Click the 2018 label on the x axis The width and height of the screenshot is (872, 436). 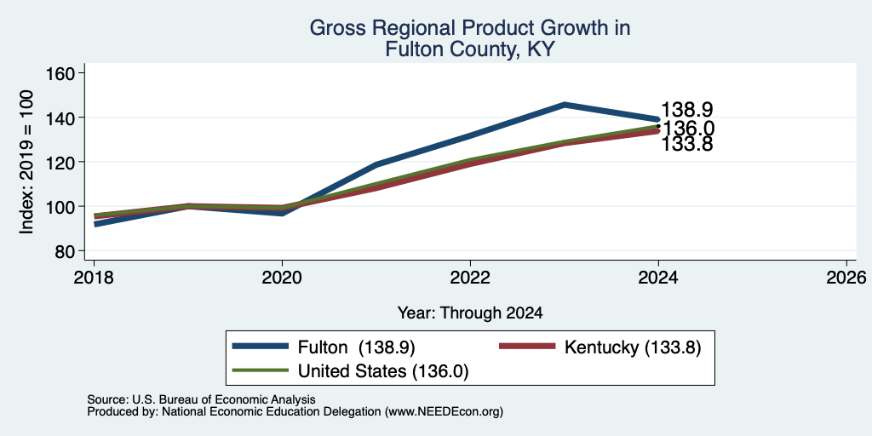point(94,278)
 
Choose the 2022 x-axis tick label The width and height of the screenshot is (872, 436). point(470,278)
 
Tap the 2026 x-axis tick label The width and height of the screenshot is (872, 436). point(847,278)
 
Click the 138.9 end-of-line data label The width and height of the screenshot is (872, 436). point(687,110)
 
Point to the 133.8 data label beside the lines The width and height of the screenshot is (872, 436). point(687,144)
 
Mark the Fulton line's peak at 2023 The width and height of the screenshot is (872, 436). point(564,104)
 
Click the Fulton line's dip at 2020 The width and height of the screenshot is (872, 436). point(282,213)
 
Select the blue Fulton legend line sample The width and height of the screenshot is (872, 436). point(261,347)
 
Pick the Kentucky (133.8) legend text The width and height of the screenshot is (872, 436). point(633,347)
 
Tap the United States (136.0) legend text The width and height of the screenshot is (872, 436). point(383,371)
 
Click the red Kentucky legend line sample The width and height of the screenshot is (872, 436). point(527,347)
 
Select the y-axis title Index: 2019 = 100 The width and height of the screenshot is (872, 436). point(27,162)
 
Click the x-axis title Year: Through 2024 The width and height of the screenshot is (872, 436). point(470,313)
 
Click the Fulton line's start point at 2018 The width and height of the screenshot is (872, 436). point(95,224)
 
